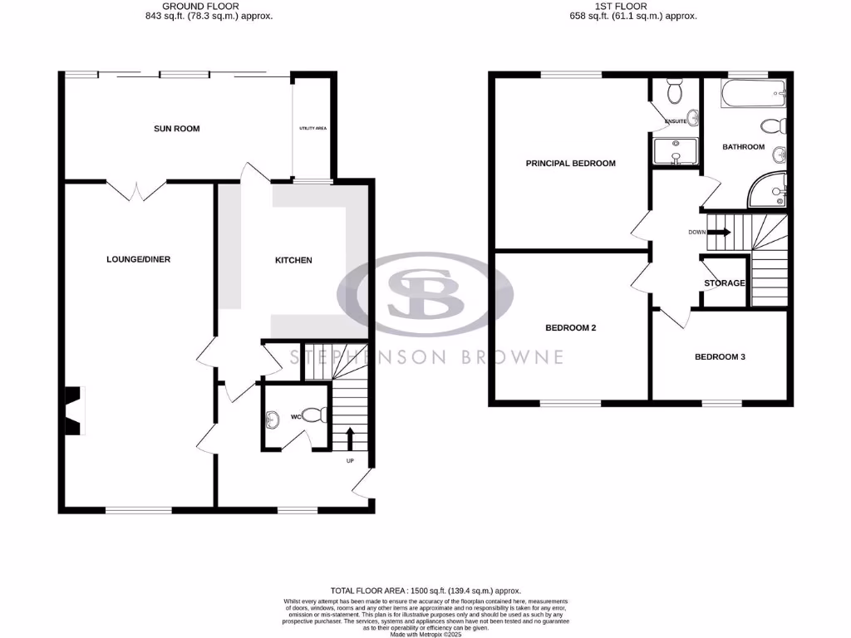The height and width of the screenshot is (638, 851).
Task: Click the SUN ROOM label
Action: [176, 129]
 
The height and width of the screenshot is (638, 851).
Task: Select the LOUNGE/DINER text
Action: [138, 259]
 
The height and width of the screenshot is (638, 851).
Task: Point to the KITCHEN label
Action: [293, 260]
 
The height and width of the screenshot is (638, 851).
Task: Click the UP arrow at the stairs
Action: [349, 437]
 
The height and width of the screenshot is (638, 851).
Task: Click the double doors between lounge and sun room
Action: [138, 191]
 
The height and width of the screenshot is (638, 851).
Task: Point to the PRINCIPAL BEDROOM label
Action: [570, 164]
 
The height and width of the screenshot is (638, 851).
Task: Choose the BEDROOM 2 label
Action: [570, 327]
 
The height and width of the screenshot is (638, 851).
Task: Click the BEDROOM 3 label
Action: [720, 357]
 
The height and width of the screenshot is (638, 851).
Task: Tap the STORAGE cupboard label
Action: [724, 283]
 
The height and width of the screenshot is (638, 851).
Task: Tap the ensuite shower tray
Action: [673, 152]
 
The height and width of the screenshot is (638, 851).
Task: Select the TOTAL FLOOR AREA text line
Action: [425, 591]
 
